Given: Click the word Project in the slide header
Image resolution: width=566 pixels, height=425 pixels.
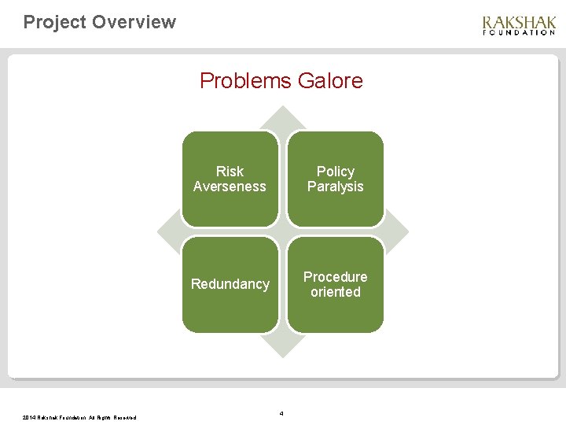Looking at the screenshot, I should pyautogui.click(x=54, y=22).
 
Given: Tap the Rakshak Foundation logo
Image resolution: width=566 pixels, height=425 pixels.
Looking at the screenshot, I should pyautogui.click(x=518, y=25).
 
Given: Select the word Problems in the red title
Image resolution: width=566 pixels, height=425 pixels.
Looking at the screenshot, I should pyautogui.click(x=244, y=80).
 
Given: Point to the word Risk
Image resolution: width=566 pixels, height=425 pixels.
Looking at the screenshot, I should pyautogui.click(x=230, y=172).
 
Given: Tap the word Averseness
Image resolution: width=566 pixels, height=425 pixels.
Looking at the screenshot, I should pyautogui.click(x=230, y=187).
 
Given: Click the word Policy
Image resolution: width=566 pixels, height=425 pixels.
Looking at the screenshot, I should pyautogui.click(x=335, y=172).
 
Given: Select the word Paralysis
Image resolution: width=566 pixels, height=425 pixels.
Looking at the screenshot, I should pyautogui.click(x=335, y=187).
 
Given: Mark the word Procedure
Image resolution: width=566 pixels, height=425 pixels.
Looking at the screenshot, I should pyautogui.click(x=335, y=277).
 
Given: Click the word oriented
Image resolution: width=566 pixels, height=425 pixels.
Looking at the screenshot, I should pyautogui.click(x=335, y=292).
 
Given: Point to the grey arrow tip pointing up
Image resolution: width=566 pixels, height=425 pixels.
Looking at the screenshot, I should pyautogui.click(x=282, y=114).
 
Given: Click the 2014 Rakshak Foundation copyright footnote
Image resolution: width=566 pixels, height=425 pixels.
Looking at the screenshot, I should pyautogui.click(x=79, y=417).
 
